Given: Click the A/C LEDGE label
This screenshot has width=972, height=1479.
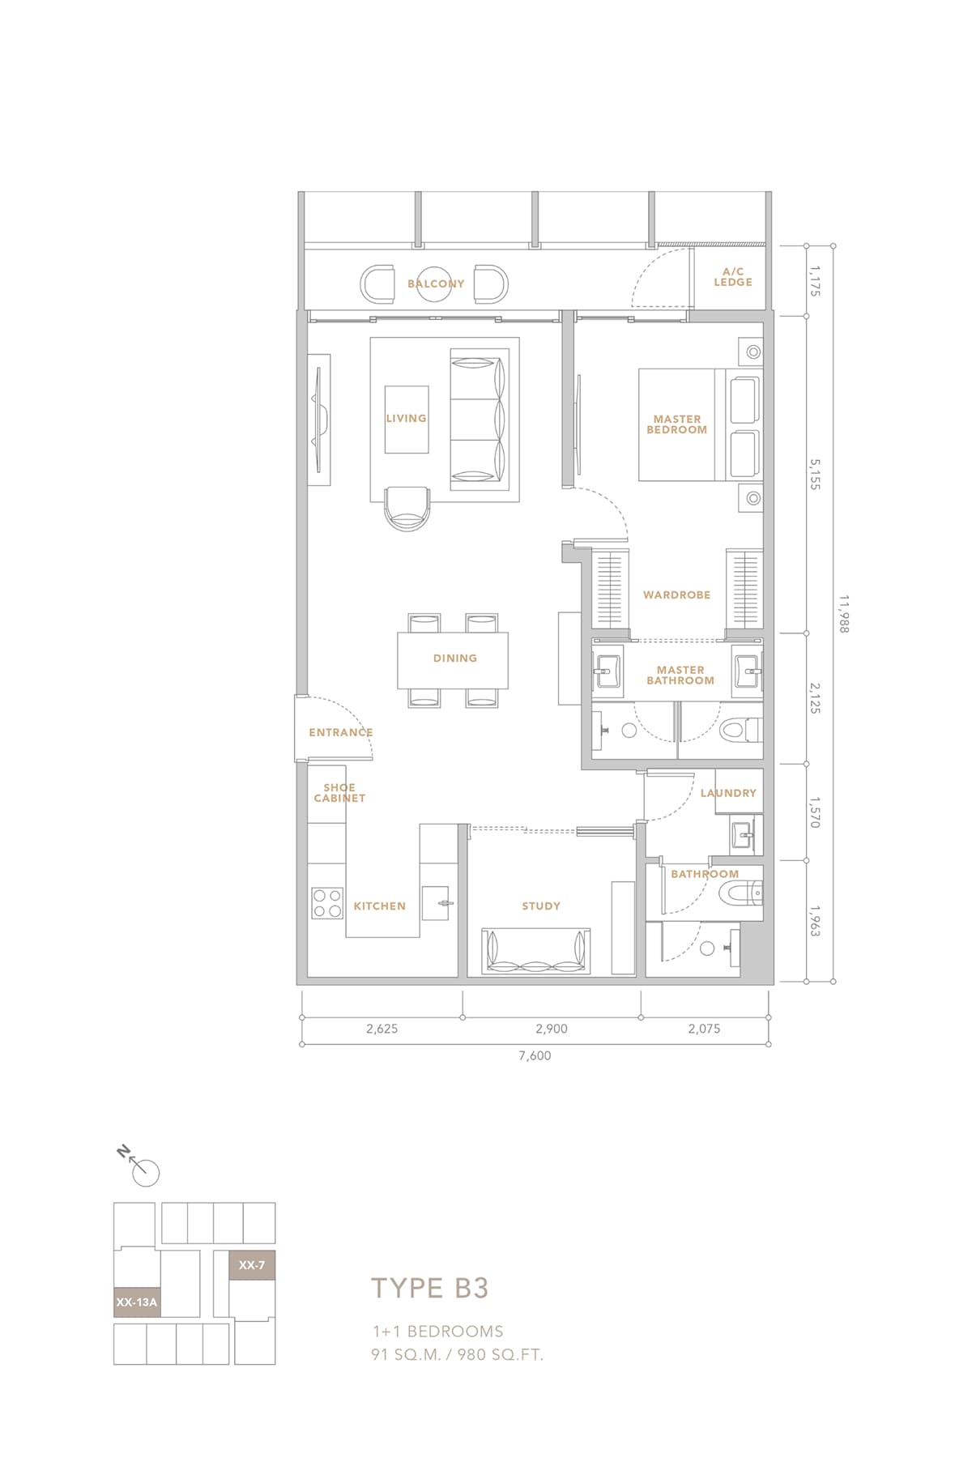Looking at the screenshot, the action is pyautogui.click(x=733, y=277).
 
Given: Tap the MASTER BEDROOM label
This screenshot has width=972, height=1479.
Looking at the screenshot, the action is pyautogui.click(x=677, y=424).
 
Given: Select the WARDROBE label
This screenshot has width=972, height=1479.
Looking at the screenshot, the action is pyautogui.click(x=677, y=595).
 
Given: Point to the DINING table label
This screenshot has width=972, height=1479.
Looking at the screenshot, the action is pyautogui.click(x=455, y=659).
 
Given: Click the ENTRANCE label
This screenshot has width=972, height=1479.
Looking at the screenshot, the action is pyautogui.click(x=341, y=732).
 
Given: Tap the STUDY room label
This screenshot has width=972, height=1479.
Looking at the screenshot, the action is pyautogui.click(x=541, y=906).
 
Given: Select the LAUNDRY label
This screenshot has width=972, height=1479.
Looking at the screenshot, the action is pyautogui.click(x=728, y=793).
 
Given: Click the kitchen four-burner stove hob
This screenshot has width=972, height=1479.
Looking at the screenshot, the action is pyautogui.click(x=328, y=903).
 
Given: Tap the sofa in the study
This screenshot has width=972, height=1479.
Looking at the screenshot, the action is pyautogui.click(x=536, y=951).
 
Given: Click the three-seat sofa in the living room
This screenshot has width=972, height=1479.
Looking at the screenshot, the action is pyautogui.click(x=480, y=420).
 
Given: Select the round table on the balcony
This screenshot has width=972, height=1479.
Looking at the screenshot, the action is pyautogui.click(x=435, y=284).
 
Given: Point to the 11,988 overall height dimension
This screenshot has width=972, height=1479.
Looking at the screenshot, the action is pyautogui.click(x=844, y=614).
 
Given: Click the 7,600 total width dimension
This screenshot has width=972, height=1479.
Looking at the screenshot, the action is pyautogui.click(x=535, y=1055).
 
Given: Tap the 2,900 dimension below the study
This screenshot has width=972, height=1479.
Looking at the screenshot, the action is pyautogui.click(x=552, y=1029).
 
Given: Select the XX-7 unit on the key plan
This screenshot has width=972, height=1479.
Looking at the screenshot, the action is pyautogui.click(x=252, y=1265).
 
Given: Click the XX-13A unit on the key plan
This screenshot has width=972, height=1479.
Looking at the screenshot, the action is pyautogui.click(x=137, y=1302).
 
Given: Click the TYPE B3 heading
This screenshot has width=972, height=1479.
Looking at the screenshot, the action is pyautogui.click(x=430, y=1289).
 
